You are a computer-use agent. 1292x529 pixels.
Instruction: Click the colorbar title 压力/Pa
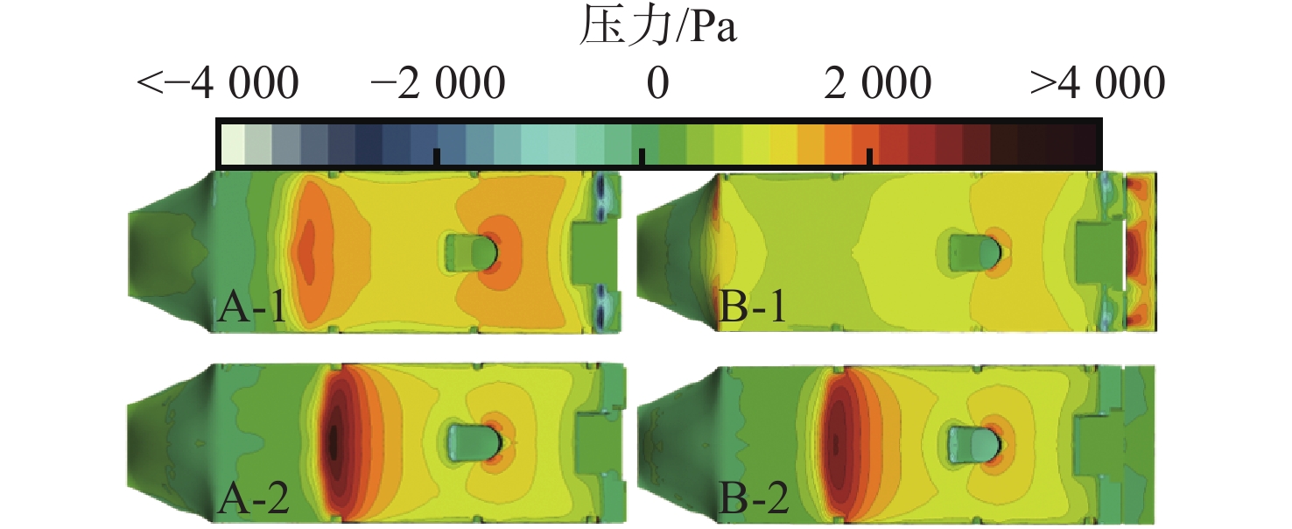[657, 30]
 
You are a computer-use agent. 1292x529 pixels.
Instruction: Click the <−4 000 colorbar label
[218, 85]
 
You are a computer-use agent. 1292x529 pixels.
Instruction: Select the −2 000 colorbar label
[437, 85]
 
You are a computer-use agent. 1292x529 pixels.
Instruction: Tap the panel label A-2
[252, 499]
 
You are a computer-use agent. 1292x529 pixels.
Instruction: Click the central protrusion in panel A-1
[471, 252]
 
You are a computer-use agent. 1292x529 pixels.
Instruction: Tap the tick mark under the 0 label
[642, 156]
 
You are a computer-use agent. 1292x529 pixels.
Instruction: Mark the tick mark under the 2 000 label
[869, 156]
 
